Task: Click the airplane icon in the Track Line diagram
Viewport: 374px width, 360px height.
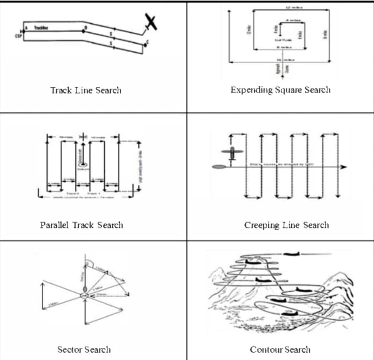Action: click(151, 22)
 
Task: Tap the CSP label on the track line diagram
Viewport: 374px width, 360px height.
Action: click(19, 35)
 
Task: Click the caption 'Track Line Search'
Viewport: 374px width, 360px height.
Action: click(86, 90)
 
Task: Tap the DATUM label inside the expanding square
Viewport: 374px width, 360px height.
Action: click(282, 40)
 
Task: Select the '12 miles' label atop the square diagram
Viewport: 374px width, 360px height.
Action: click(290, 7)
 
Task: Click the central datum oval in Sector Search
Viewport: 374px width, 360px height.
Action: click(84, 295)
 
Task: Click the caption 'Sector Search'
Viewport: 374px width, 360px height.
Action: click(84, 349)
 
